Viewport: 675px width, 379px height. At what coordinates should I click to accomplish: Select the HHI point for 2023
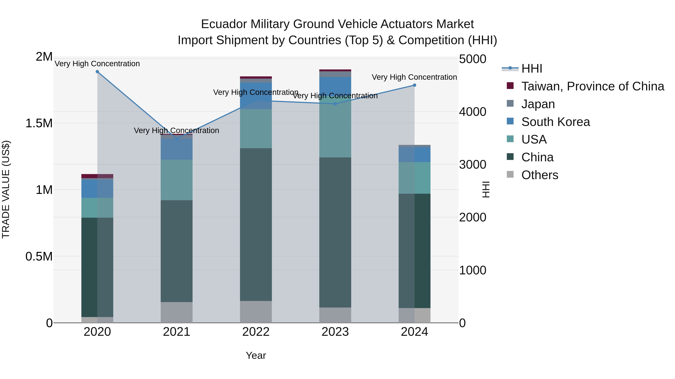(335, 104)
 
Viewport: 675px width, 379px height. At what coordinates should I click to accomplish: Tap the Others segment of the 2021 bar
(176, 312)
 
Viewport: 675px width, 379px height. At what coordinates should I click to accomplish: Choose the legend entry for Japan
(538, 104)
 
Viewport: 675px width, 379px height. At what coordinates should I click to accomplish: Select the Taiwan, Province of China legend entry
(592, 86)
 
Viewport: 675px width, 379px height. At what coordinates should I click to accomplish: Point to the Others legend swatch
(510, 174)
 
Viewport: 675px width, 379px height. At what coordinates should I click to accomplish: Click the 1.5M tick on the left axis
(39, 123)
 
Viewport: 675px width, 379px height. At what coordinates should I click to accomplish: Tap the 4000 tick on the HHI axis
(472, 112)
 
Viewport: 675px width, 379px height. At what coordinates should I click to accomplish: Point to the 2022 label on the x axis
(256, 332)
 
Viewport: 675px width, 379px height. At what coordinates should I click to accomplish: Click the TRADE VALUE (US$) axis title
(6, 189)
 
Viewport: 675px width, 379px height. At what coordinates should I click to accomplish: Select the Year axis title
(256, 355)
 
